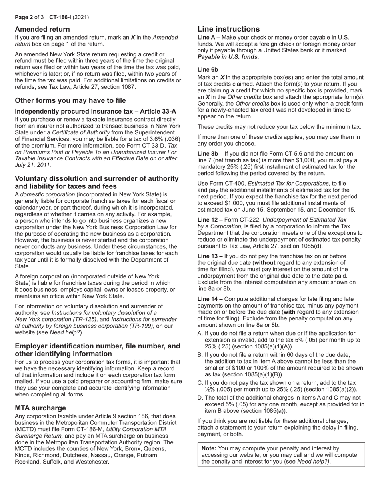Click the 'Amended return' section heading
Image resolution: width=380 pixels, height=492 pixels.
42,29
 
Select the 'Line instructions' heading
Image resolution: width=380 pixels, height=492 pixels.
228,29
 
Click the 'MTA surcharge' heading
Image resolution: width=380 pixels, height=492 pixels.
40,408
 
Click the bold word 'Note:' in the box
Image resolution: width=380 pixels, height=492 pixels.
209,448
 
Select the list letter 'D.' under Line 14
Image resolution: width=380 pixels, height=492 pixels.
200,398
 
